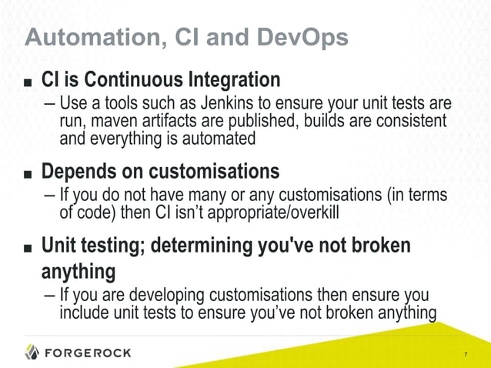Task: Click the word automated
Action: [x=220, y=139]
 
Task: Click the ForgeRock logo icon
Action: [x=32, y=353]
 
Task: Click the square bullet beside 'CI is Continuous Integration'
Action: [x=28, y=81]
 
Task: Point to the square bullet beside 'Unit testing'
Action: [x=28, y=248]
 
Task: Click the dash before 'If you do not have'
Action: [x=49, y=196]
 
